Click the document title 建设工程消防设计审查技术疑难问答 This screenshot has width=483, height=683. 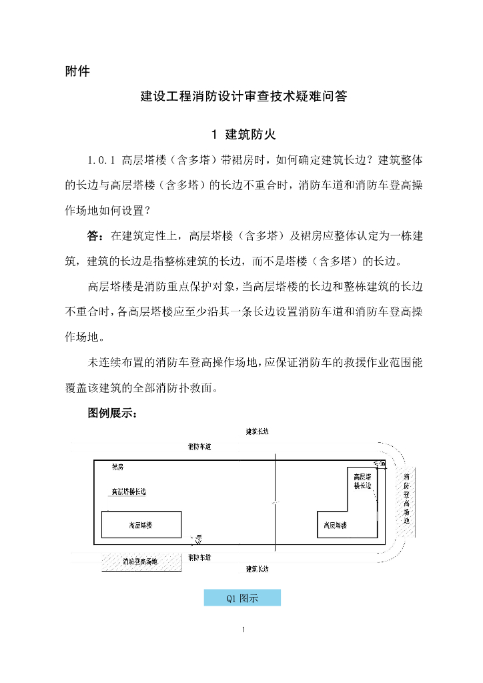tap(241, 97)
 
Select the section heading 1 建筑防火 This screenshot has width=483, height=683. tap(242, 135)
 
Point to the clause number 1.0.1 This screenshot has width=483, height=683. tap(103, 161)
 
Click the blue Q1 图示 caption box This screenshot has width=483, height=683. tap(241, 598)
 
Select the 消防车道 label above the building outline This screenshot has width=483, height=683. tap(199, 446)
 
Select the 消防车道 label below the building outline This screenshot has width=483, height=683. tap(199, 557)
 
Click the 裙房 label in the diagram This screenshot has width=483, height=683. tap(117, 468)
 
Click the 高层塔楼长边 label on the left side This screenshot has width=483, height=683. tap(128, 492)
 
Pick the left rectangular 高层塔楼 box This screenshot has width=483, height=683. tap(141, 525)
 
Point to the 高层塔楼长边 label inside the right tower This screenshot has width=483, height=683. tap(362, 482)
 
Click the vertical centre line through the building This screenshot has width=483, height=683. tap(275, 500)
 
